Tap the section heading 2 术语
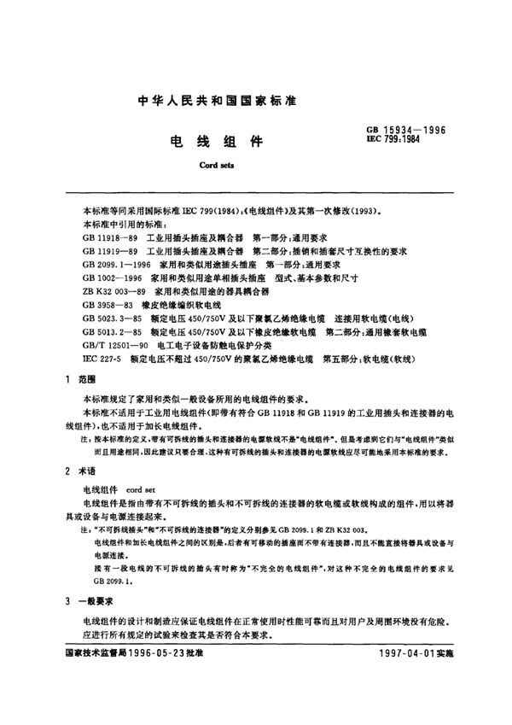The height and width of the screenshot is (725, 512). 79,471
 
